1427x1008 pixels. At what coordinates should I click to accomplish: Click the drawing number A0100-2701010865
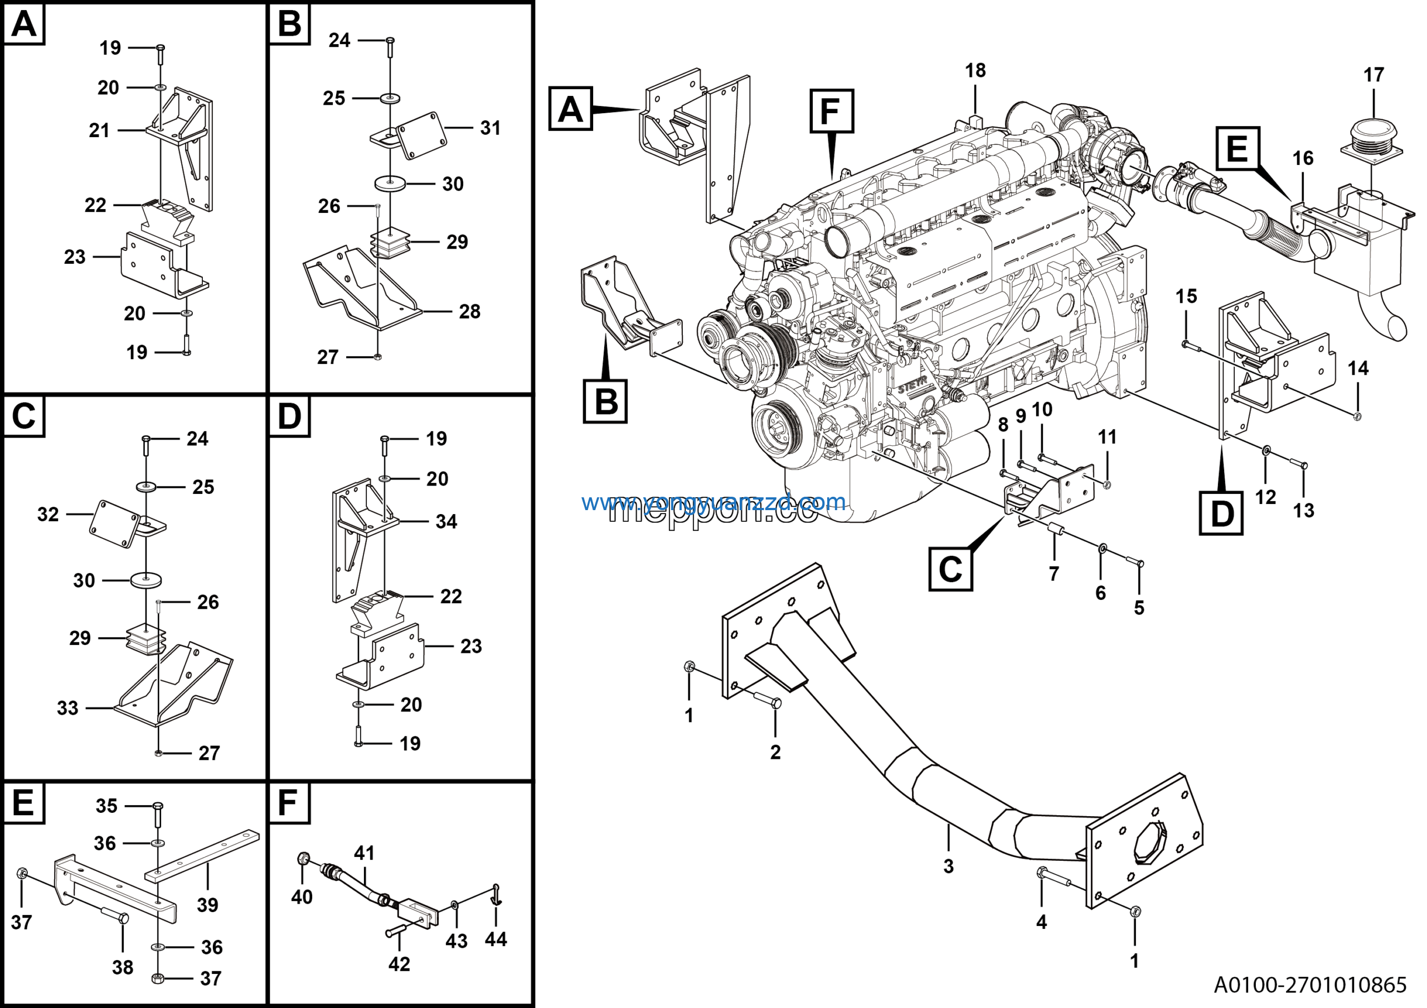tap(1309, 985)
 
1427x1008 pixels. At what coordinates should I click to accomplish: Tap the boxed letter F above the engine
tap(831, 112)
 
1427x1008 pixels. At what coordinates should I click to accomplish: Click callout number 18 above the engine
tap(975, 71)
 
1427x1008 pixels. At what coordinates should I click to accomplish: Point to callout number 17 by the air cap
tap(1373, 75)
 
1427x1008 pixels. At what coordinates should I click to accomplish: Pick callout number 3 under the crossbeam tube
tap(948, 866)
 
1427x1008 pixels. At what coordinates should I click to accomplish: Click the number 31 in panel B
tap(490, 128)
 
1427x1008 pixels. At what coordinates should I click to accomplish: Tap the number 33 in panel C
tap(68, 708)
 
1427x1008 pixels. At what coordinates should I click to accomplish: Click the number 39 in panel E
tap(207, 905)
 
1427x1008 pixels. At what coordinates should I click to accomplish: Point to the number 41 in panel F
tap(364, 853)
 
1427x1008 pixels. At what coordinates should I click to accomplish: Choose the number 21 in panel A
tap(99, 130)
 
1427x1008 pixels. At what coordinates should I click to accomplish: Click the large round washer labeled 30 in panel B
tap(390, 184)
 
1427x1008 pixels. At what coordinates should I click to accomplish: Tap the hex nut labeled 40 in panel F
tap(304, 859)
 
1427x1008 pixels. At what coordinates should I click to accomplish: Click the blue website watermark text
tap(713, 502)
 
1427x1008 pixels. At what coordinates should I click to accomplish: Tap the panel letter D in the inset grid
tap(289, 416)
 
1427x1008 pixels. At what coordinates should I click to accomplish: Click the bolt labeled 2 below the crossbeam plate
tap(768, 701)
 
